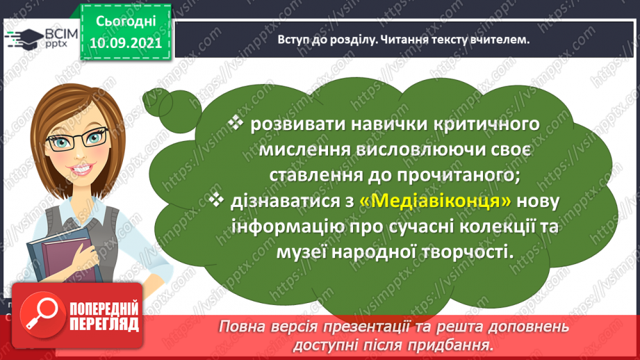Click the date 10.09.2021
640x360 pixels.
[126, 43]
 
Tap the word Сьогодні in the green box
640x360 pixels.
[126, 22]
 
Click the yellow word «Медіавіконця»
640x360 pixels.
[435, 201]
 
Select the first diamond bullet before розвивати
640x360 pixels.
[236, 122]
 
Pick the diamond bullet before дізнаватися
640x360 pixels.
[216, 199]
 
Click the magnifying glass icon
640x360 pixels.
[42, 315]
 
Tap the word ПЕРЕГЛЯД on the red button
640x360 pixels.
[104, 325]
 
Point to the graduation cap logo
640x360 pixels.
[24, 39]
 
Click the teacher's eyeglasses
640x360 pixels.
[77, 139]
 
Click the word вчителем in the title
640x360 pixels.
[500, 40]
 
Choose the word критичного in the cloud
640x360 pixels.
[485, 124]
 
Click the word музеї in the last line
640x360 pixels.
[301, 252]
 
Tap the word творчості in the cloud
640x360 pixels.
[466, 252]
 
